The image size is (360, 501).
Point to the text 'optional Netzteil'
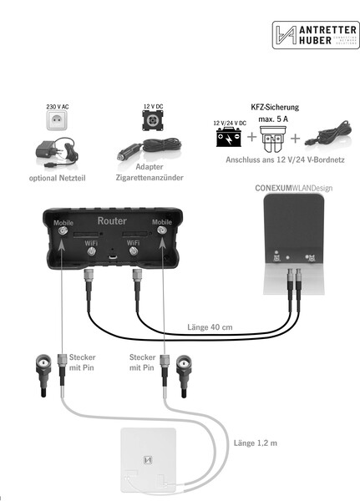coord(57,178)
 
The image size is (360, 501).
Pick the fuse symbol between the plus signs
coord(275,136)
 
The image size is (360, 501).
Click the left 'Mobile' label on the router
coord(63,223)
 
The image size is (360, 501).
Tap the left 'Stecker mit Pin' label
coord(81,362)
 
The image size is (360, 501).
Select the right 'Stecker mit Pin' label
coord(142,362)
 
